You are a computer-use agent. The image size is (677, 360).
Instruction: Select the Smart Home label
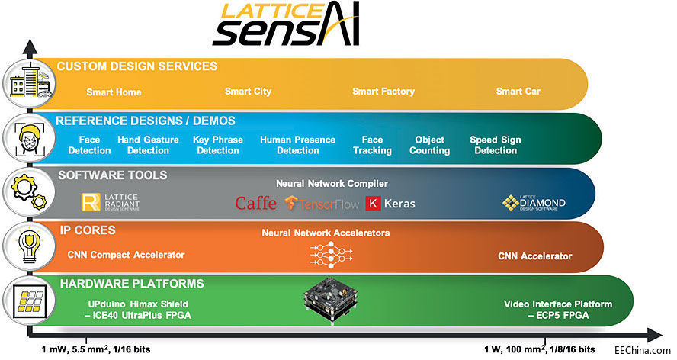point(114,92)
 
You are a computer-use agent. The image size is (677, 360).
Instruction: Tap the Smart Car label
point(518,92)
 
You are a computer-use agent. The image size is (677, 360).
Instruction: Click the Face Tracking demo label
point(372,145)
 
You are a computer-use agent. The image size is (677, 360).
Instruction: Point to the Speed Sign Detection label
point(495,145)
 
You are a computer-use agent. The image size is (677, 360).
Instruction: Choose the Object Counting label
point(429,145)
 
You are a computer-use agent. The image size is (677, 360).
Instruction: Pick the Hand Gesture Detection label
point(148,145)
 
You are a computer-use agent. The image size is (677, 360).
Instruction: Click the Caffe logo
point(255,203)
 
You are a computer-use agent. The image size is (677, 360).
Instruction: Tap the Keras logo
point(391,203)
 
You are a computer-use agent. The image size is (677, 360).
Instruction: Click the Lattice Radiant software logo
point(111,202)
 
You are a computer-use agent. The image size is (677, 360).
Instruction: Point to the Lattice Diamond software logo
point(534,203)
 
